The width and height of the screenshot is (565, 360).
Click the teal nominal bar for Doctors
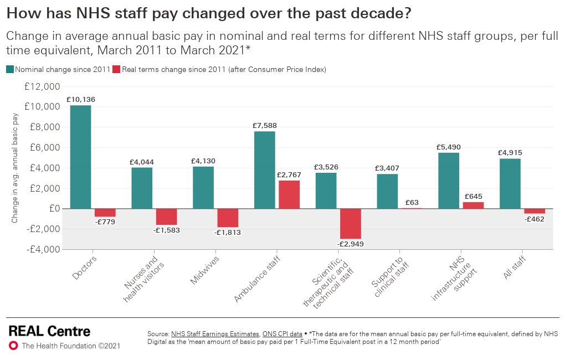coord(80,157)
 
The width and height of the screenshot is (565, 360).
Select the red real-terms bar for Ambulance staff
coord(289,194)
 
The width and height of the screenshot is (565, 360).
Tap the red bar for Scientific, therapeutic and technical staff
coord(350,223)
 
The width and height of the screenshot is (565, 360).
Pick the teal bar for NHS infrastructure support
coord(449,181)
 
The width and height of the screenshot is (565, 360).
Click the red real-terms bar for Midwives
coord(228,218)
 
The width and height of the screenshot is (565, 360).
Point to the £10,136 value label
coord(80,100)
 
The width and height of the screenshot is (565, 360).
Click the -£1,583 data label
coord(167,229)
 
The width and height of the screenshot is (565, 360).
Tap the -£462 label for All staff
coord(535,219)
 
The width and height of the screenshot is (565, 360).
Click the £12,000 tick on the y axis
coord(42,86)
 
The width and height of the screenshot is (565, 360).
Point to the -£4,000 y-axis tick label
coord(42,249)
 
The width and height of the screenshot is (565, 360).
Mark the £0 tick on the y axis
coord(54,209)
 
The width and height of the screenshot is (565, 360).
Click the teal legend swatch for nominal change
coord(10,70)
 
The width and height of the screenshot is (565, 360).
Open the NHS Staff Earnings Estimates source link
coord(215,334)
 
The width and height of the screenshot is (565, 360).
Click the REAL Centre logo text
coord(49,331)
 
